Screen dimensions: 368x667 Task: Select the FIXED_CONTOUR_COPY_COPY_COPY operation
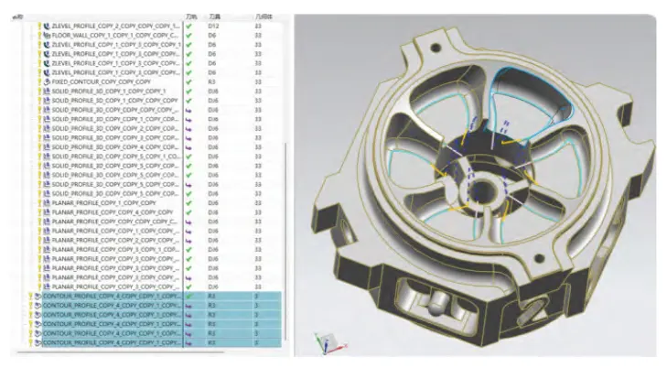pos(102,81)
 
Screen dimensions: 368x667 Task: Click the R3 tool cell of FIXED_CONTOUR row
pos(212,81)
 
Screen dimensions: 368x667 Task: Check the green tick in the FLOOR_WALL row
pos(189,35)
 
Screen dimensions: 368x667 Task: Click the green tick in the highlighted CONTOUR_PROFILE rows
pos(189,297)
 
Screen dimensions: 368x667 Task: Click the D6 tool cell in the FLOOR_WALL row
pos(212,35)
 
